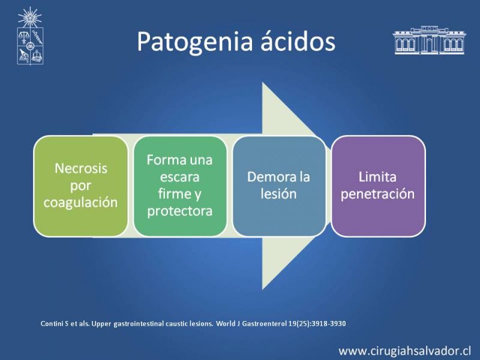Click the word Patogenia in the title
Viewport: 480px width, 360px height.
point(194,42)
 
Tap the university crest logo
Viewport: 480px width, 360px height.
point(30,36)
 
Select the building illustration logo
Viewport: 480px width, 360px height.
point(429,40)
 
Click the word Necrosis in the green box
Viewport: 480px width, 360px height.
point(81,169)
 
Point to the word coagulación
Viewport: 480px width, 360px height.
point(80,203)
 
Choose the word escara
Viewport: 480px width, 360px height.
point(179,177)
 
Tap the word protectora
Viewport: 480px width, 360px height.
point(179,211)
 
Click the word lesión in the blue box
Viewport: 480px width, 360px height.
point(278,194)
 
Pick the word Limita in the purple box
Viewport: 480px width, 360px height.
point(377,176)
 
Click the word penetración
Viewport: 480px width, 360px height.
point(377,194)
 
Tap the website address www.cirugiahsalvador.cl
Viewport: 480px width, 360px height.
point(404,351)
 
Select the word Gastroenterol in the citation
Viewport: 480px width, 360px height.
point(264,323)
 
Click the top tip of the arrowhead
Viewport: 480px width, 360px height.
point(262,83)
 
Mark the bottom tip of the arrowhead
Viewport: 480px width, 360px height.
point(262,290)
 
